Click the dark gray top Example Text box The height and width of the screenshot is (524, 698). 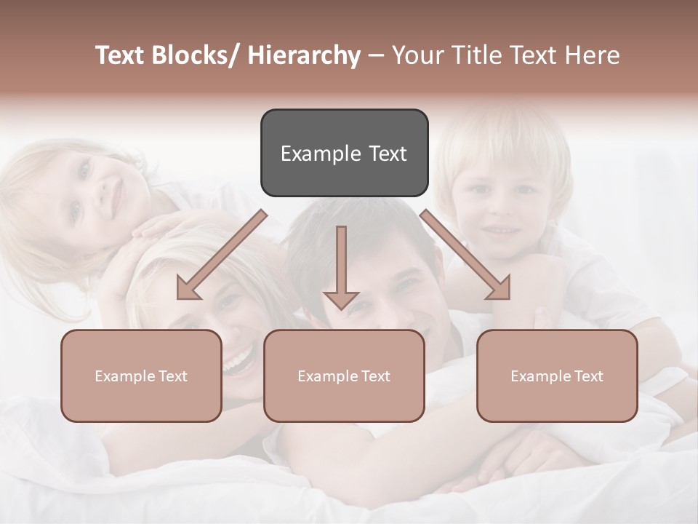[344, 153]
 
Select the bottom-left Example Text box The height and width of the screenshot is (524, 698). [141, 376]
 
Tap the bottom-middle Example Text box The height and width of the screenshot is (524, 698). [344, 376]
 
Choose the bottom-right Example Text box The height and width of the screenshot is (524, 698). [557, 376]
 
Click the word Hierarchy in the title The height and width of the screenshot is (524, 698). [304, 56]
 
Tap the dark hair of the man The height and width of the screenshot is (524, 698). [356, 233]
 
